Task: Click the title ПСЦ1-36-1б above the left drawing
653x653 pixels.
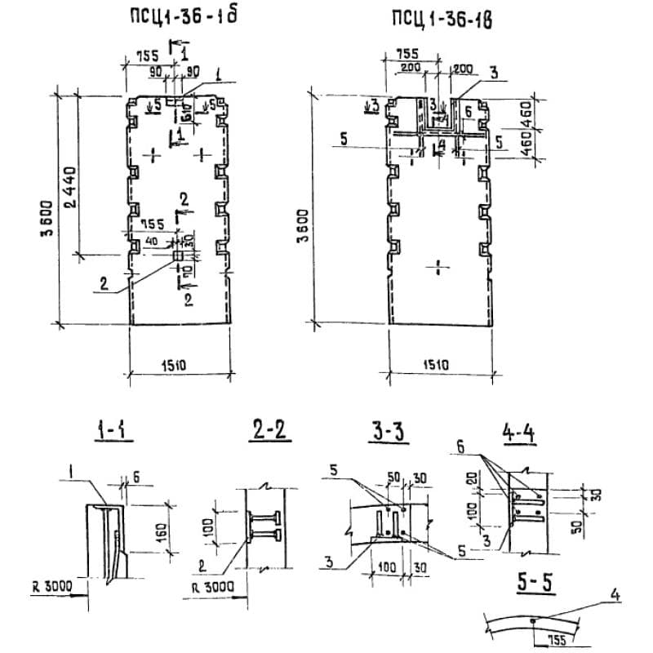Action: tap(179, 17)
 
